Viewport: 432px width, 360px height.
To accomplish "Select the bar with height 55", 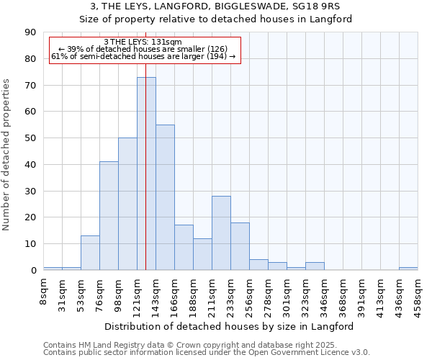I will tap(165, 197).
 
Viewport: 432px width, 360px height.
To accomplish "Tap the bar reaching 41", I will tap(109, 216).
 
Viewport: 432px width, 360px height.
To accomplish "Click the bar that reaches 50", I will tap(127, 204).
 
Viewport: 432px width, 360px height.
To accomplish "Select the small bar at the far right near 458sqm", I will tap(408, 269).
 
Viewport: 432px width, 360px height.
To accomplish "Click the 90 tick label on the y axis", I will tap(30, 32).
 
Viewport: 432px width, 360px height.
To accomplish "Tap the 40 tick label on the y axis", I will tap(30, 165).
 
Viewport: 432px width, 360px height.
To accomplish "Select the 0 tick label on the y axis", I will tap(33, 271).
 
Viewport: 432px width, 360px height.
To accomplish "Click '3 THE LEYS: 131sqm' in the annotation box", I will tap(143, 42).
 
